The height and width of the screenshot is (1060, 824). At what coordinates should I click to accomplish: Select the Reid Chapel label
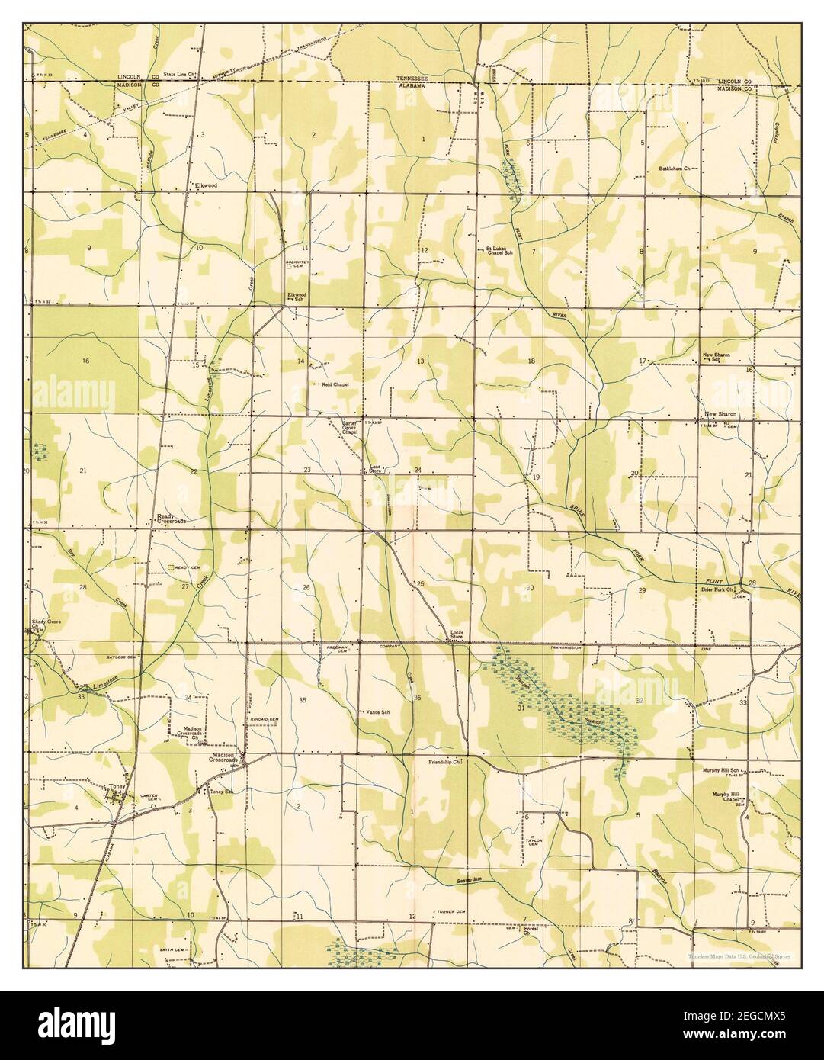coord(335,385)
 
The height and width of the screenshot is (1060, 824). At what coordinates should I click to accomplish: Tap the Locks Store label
coord(457,634)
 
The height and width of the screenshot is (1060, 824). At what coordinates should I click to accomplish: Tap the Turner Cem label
coord(451,912)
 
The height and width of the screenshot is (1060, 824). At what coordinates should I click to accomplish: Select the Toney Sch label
coord(220,792)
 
